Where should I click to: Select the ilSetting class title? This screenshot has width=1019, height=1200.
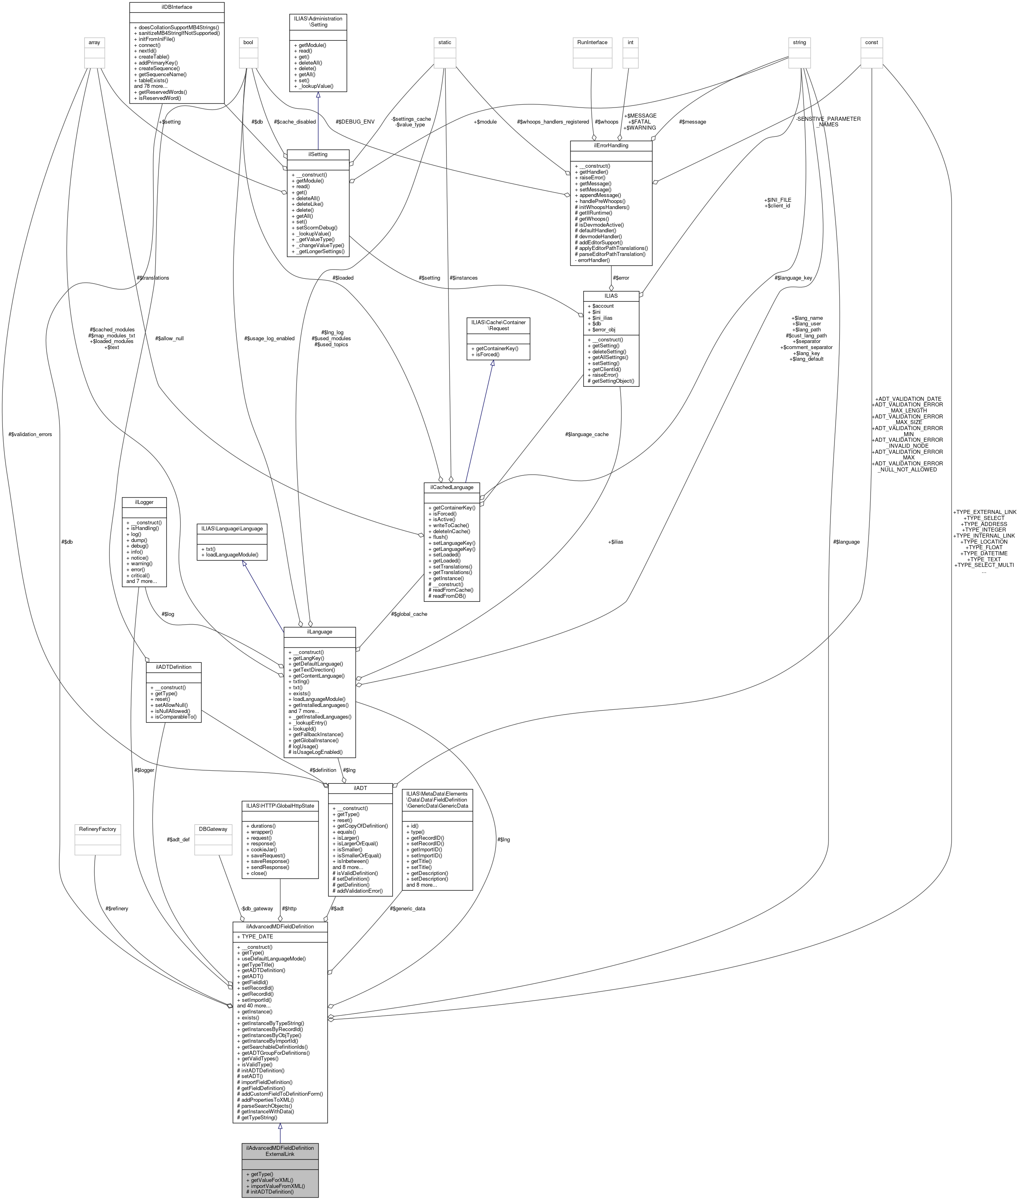pos(318,154)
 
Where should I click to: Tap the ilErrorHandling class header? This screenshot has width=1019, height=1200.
pos(611,146)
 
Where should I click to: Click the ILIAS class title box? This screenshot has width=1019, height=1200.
pos(611,295)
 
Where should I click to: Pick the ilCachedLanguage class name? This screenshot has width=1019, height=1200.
pos(451,487)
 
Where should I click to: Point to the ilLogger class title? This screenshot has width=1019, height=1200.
pos(144,502)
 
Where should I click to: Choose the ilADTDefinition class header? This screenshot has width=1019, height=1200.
pos(173,667)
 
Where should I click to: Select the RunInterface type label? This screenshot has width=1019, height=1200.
pos(592,42)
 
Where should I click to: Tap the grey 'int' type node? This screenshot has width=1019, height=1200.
pos(631,42)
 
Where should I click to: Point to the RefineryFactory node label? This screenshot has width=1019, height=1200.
pos(97,829)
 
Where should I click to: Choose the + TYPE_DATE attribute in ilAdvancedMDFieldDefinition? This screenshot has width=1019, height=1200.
pos(255,936)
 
